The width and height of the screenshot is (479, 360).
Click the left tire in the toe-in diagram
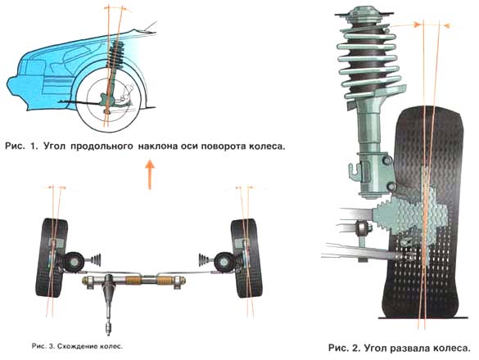tap(52, 258)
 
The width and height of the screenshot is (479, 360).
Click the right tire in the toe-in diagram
tap(246, 258)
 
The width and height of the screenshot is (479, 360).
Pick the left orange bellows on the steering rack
tap(133, 280)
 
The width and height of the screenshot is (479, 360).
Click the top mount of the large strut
tap(364, 14)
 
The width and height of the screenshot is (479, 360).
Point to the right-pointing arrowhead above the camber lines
tap(417, 25)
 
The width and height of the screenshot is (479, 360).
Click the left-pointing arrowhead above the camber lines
tap(447, 26)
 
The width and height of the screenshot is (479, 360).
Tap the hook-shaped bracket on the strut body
tap(354, 171)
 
